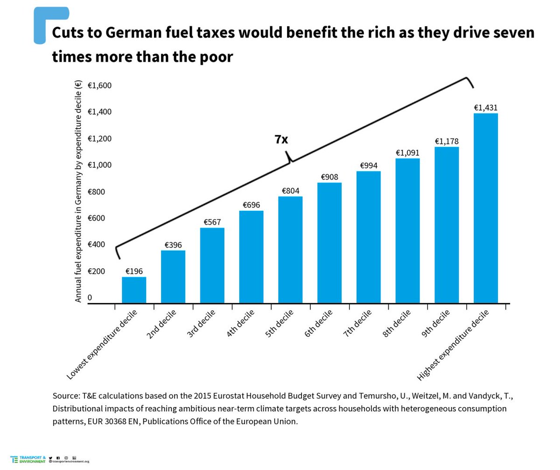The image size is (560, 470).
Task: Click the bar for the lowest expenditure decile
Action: [x=134, y=290]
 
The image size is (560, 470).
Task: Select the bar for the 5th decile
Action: [x=290, y=250]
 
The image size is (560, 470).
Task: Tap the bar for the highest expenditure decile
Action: [x=485, y=208]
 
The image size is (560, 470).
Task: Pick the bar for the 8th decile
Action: [x=407, y=231]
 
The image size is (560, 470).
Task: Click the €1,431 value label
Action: [x=485, y=108]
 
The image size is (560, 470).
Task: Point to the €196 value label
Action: [x=134, y=271]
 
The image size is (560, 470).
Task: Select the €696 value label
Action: [x=251, y=205]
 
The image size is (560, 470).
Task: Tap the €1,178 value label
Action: [x=447, y=141]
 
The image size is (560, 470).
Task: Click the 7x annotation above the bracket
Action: [x=281, y=139]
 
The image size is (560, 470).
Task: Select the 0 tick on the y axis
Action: [x=90, y=297]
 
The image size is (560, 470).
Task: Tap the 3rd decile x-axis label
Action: [x=201, y=325]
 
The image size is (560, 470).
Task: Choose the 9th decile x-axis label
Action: [x=435, y=325]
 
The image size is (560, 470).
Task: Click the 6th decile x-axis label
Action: [x=318, y=325]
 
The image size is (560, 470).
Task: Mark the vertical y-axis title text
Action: [x=78, y=191]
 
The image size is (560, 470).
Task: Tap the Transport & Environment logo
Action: [x=28, y=459]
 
